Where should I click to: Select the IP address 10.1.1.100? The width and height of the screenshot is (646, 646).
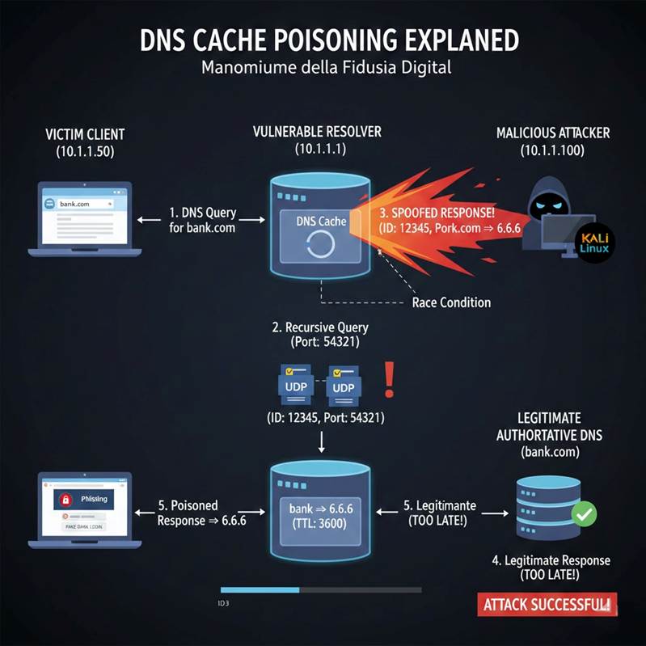(553, 151)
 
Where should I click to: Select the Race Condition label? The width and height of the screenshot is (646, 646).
(451, 302)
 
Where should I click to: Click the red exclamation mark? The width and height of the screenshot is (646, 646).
(391, 379)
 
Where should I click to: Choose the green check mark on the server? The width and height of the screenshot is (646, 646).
(584, 513)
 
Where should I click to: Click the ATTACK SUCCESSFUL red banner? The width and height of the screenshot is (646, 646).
(547, 603)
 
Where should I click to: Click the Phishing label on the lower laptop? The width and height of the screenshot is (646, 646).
(94, 499)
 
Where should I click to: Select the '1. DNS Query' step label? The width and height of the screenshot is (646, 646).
(202, 213)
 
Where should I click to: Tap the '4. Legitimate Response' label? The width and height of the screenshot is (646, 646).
(551, 560)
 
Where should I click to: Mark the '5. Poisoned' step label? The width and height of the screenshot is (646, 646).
(188, 505)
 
